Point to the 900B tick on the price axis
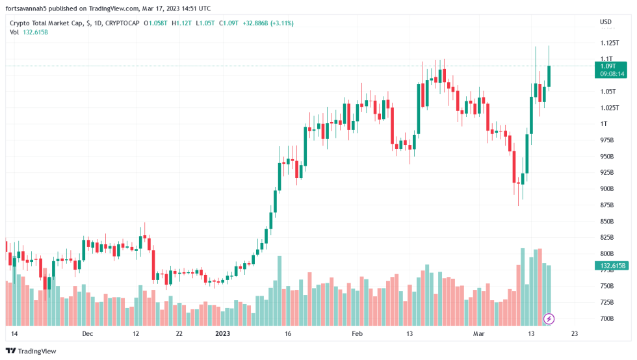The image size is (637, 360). pos(607,188)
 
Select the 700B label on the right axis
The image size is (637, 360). pos(607,318)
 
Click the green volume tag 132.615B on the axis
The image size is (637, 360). pos(610,266)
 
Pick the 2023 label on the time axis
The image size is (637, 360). pos(222,333)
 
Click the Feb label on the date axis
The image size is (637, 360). pos(356,333)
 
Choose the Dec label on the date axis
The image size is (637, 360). pos(88,333)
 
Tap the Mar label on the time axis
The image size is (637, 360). pos(479,333)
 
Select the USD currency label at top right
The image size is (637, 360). pos(605,22)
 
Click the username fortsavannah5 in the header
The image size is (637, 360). pos(32,8)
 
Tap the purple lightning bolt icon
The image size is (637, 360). pos(549,318)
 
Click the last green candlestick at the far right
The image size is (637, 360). pos(549,75)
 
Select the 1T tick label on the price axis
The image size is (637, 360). pos(604,123)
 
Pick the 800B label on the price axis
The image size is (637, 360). pos(607,253)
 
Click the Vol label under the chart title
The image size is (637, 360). pos(14,32)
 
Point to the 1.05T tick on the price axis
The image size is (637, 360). pos(608,91)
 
